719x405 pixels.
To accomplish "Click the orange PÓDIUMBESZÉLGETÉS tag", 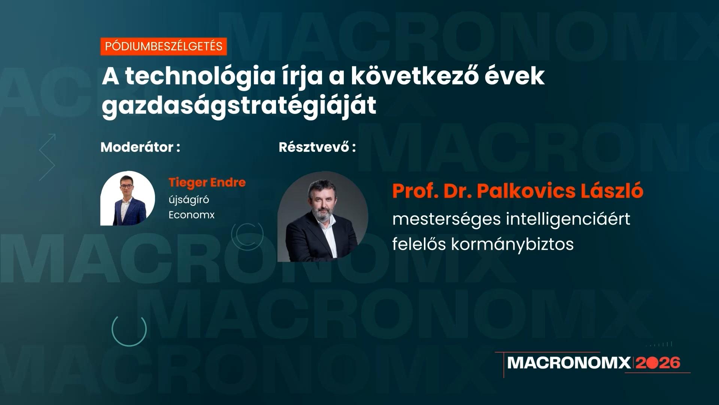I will click(x=164, y=46).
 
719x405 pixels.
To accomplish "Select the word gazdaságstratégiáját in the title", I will click(x=239, y=106).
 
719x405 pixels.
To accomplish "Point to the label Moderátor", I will click(x=137, y=147).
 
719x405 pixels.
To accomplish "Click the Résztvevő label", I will click(x=314, y=147).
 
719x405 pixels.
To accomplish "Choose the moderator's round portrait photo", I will click(x=128, y=198).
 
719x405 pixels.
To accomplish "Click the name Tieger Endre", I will click(x=207, y=183).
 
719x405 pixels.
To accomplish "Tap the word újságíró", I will click(x=189, y=199).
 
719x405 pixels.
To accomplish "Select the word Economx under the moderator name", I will click(x=191, y=215).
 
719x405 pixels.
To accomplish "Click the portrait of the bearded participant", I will click(x=323, y=217).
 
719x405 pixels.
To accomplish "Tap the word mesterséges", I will click(x=446, y=219).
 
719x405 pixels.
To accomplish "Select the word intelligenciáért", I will click(x=568, y=219).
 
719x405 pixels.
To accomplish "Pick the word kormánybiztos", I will click(x=512, y=244).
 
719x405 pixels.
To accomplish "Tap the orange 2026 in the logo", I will click(x=658, y=363).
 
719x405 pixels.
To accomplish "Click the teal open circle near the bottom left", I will click(x=129, y=330).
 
